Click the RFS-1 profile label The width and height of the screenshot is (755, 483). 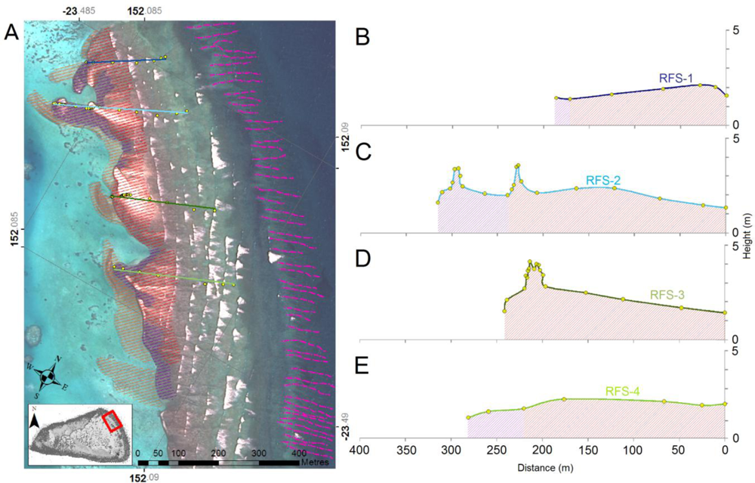pyautogui.click(x=676, y=76)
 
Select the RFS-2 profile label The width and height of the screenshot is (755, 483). pyautogui.click(x=603, y=180)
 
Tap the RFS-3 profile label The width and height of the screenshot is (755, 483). pyautogui.click(x=667, y=293)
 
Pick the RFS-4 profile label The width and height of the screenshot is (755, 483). pyautogui.click(x=623, y=392)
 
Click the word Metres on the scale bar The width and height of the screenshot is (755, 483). pyautogui.click(x=316, y=462)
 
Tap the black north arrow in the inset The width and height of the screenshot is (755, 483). pyautogui.click(x=35, y=421)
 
